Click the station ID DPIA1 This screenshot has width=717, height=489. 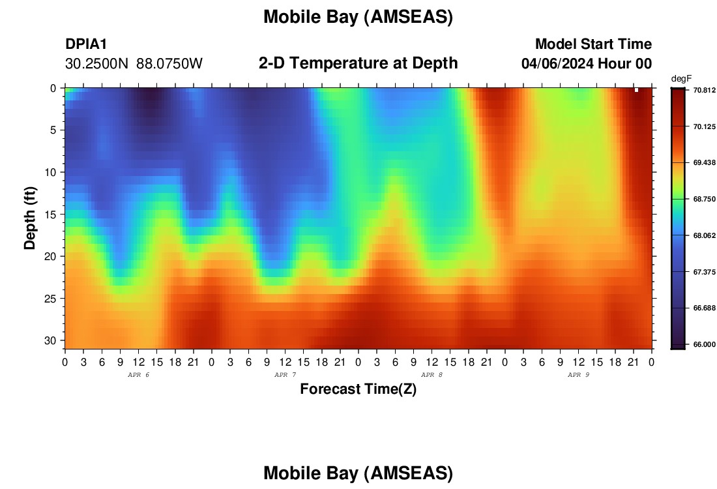[x=86, y=44]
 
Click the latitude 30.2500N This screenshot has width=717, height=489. [x=97, y=64]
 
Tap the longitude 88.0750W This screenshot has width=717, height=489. [x=169, y=64]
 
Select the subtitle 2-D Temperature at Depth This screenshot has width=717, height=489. [x=358, y=63]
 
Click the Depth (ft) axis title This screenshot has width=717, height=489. [x=30, y=218]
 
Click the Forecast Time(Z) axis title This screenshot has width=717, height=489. [x=358, y=389]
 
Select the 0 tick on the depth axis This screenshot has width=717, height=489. [x=53, y=88]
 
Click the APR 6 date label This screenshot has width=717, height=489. [x=139, y=375]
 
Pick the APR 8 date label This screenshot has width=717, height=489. [x=432, y=375]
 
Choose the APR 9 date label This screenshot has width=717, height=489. [x=578, y=375]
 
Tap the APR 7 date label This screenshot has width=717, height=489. [x=285, y=375]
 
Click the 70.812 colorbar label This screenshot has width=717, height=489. [x=704, y=90]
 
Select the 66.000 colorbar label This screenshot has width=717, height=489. [x=704, y=344]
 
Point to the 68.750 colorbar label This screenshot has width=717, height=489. [x=704, y=199]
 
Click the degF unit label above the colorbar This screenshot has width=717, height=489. [x=681, y=79]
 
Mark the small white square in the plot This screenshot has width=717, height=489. [x=636, y=90]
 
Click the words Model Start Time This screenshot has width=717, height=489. [x=594, y=44]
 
